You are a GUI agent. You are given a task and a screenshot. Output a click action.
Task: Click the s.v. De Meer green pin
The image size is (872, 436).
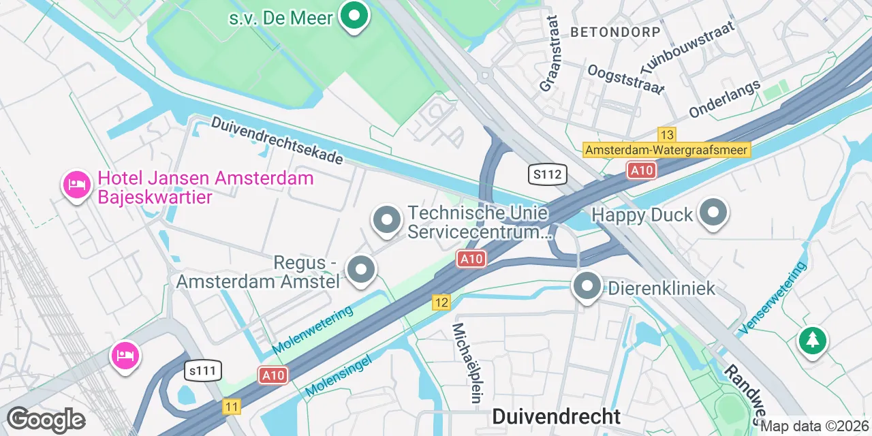pos(354,16)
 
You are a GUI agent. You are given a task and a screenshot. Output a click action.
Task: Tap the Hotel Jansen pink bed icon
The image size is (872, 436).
pos(77,184)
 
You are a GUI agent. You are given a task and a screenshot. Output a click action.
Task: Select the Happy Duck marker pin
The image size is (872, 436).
pos(713,213)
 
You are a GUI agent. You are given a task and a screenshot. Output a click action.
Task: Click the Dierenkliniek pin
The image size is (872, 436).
pos(587,287)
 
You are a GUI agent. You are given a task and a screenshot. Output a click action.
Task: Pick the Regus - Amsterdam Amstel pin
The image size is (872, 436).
pos(361,270)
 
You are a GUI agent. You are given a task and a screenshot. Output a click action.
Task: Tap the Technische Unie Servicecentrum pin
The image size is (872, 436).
pos(387,220)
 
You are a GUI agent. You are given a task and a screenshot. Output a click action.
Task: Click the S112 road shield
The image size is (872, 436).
pos(548,174)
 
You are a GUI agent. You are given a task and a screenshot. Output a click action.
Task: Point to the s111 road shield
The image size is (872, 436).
pos(203,370)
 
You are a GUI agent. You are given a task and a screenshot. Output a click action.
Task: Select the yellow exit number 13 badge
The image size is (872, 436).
pos(666,134)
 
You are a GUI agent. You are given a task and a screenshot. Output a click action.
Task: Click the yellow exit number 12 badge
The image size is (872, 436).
pos(441,302)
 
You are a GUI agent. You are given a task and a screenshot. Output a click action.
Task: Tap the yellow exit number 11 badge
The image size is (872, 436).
pos(232,407)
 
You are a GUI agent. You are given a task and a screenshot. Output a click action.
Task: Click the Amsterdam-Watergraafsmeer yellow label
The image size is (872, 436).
pos(667,150)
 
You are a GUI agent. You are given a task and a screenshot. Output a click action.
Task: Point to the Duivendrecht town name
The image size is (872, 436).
pos(557,416)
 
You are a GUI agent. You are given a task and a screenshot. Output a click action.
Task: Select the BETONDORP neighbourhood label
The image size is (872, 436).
pos(615,32)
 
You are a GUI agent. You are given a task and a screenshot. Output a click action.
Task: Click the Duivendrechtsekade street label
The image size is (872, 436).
pos(277,140)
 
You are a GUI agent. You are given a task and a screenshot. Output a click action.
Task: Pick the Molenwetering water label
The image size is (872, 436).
pos(313,330)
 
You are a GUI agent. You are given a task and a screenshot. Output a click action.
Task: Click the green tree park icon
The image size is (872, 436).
pos(812,340)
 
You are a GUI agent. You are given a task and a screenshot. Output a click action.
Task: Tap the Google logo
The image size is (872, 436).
pos(46,420)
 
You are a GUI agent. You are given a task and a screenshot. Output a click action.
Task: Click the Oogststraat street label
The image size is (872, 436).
pos(625,80)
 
